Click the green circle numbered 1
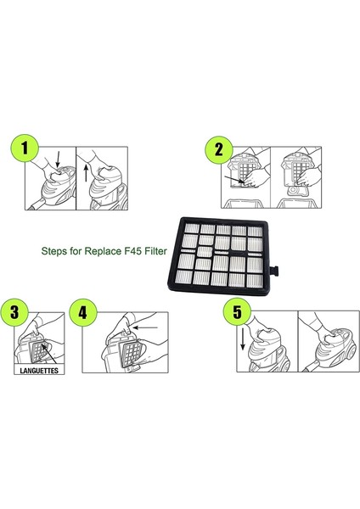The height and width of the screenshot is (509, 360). pos(25,148)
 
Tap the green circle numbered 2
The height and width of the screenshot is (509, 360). pos(219,149)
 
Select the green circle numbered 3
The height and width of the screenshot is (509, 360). pos(14,312)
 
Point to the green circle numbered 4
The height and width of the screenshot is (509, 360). pos(83,313)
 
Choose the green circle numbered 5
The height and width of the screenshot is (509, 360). pos(237,311)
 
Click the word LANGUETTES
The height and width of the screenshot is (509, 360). pos(39,371)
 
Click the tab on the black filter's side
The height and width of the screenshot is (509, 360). pos(275,271)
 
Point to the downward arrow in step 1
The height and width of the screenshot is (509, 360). pos(58,159)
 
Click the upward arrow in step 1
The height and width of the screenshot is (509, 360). pos(86,173)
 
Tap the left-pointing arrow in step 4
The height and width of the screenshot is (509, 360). pos(145,327)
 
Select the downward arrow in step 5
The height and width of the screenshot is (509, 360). pos(242,339)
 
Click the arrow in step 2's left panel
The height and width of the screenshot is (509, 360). pos(234,180)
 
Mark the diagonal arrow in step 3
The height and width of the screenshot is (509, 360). pos(49,354)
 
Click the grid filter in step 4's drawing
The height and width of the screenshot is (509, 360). pos(131,354)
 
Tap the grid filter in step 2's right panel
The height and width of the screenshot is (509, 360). pos(299,169)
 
